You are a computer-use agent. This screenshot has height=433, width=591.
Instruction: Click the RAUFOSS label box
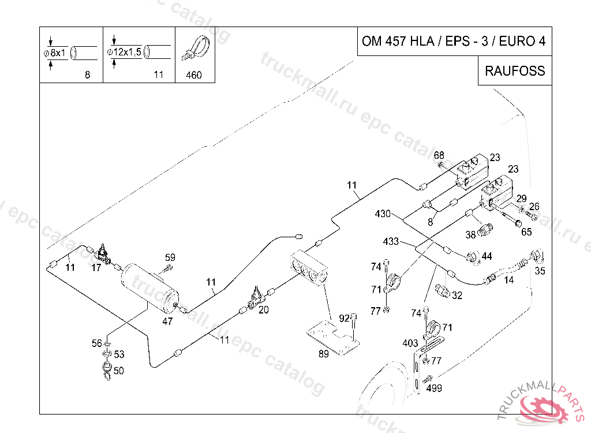point(515,70)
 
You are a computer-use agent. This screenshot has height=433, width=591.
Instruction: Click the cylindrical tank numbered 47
point(151,288)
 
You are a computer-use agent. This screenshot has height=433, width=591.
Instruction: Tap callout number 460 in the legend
point(194,75)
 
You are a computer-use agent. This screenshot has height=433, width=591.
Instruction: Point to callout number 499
point(434,388)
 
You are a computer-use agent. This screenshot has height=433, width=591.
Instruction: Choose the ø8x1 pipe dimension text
point(55,53)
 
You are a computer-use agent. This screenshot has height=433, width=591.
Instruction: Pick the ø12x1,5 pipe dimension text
point(124,52)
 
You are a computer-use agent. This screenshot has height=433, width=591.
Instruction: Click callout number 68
point(439,155)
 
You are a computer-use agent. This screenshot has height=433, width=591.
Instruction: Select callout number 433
point(391,241)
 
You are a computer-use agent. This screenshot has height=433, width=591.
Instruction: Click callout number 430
point(383,214)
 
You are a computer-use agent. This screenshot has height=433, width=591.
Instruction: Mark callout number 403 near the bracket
point(410,343)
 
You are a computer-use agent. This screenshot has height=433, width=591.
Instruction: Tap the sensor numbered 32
point(442,290)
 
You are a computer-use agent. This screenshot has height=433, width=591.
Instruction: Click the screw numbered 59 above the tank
point(168,268)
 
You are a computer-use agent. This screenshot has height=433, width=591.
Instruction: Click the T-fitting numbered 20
point(255,298)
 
